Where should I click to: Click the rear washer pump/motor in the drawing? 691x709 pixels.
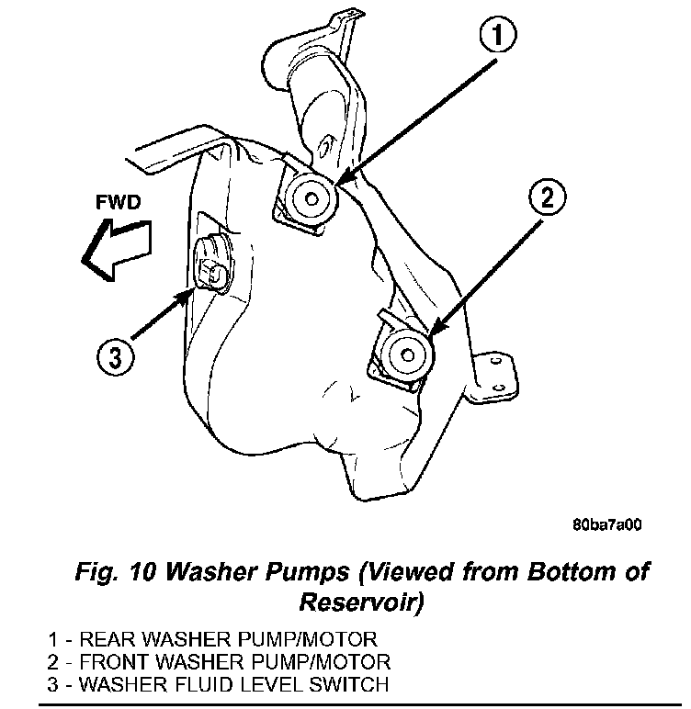[x=309, y=196]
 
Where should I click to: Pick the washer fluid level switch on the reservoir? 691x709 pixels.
[x=214, y=267]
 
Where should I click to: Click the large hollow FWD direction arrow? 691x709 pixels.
[x=115, y=248]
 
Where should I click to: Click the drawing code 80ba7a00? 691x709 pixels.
[x=606, y=526]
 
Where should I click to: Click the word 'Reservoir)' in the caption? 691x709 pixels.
[x=361, y=602]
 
